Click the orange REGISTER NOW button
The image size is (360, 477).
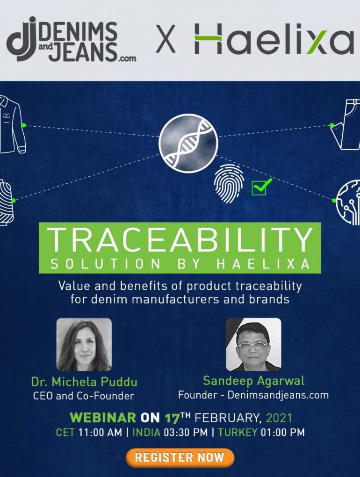pyautogui.click(x=180, y=457)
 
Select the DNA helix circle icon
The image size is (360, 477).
pyautogui.click(x=188, y=144)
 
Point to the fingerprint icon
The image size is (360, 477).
pyautogui.click(x=229, y=183)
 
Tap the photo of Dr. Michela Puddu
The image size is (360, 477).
pyautogui.click(x=84, y=344)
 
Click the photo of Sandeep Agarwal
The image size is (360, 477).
pyautogui.click(x=253, y=344)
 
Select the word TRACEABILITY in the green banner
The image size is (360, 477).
pyautogui.click(x=180, y=240)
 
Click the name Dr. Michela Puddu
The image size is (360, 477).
pyautogui.click(x=84, y=382)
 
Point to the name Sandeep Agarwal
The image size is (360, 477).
pyautogui.click(x=253, y=381)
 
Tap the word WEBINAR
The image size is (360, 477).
pyautogui.click(x=103, y=417)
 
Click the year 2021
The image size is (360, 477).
pyautogui.click(x=279, y=418)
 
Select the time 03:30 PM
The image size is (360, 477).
pyautogui.click(x=186, y=432)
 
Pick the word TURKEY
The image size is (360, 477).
pyautogui.click(x=238, y=432)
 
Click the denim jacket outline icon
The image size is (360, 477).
pyautogui.click(x=12, y=124)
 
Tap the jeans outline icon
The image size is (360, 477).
pyautogui.click(x=346, y=124)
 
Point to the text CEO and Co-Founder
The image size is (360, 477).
pyautogui.click(x=84, y=396)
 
